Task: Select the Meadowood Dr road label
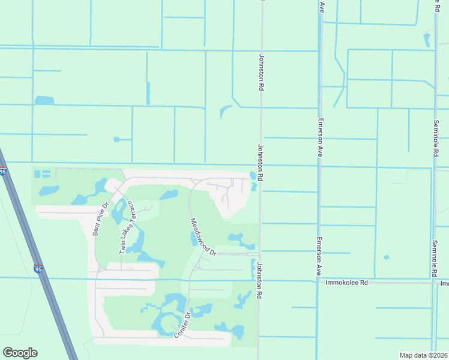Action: coord(203,236)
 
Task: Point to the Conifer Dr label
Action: coord(182,324)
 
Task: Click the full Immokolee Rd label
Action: coord(346,282)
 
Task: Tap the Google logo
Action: coord(20,353)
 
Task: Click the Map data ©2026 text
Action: coord(424,355)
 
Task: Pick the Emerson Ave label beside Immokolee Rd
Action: coord(318,257)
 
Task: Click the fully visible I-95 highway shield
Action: coord(38,270)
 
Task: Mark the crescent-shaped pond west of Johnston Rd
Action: coord(225,112)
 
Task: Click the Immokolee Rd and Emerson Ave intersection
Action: coord(318,281)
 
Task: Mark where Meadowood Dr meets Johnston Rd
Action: coord(259,254)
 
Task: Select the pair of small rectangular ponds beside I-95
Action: coord(41,174)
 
